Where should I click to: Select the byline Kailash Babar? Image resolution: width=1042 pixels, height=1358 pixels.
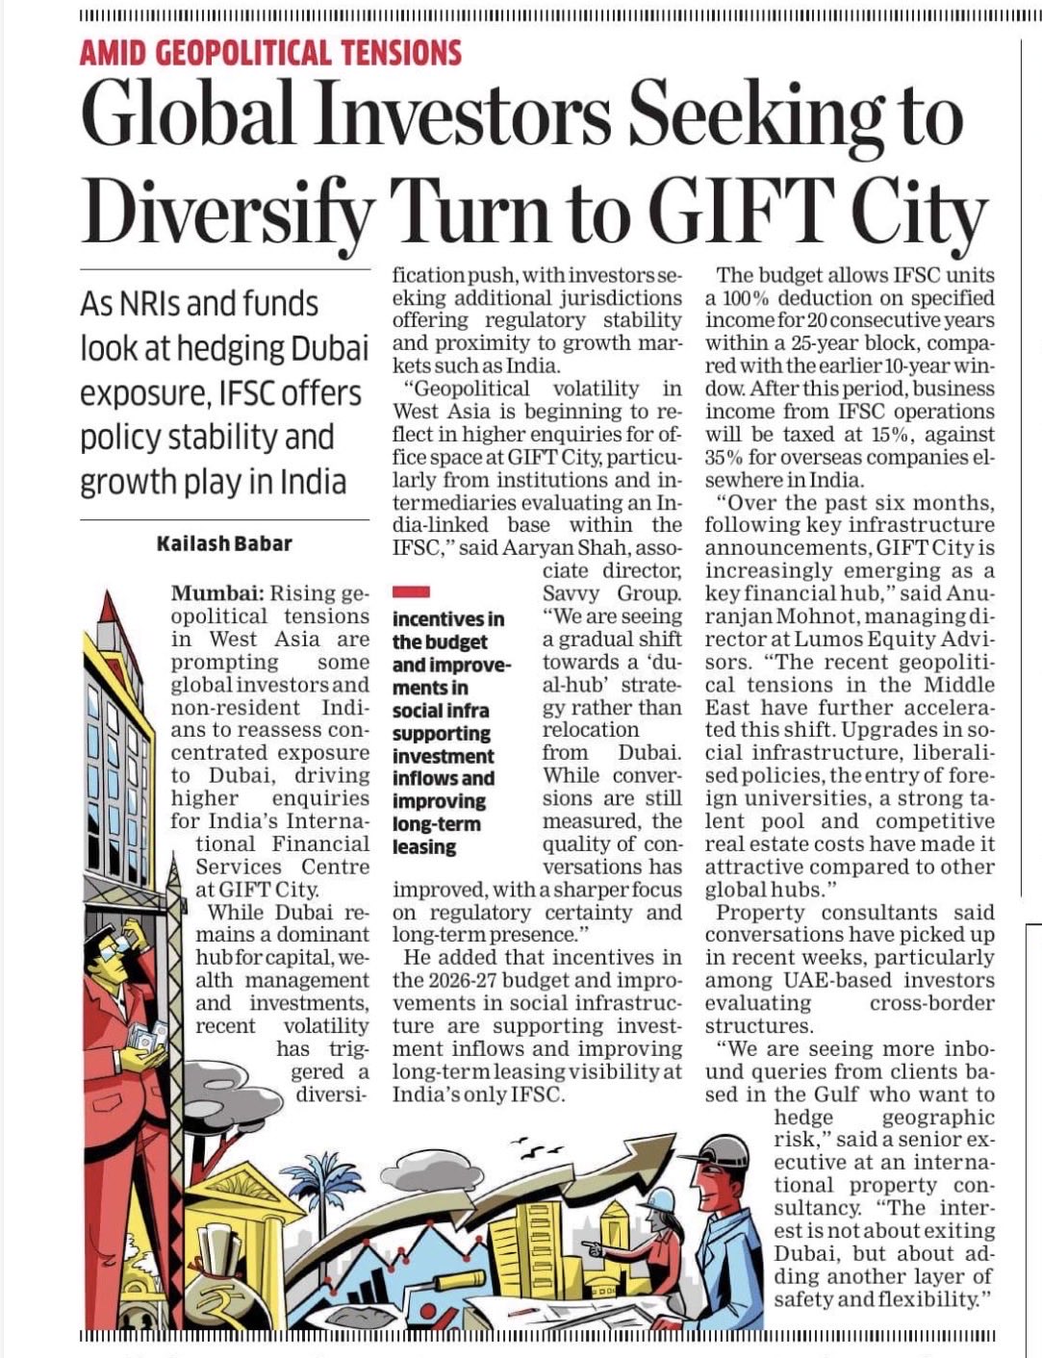point(224,543)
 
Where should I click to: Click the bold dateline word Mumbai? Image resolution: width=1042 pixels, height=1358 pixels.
point(217,593)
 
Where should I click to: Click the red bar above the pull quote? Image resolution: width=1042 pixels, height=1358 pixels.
point(411,592)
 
